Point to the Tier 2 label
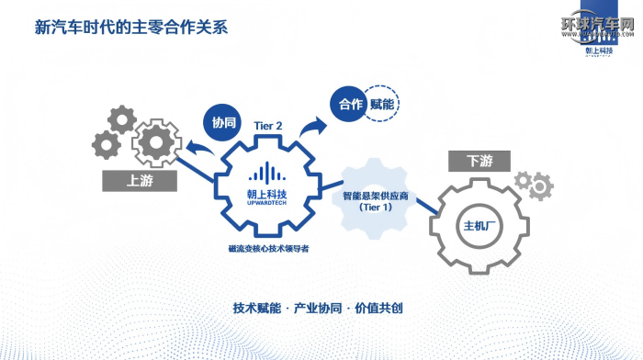(x=267, y=125)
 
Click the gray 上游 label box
(x=140, y=181)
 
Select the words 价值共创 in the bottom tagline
(x=379, y=308)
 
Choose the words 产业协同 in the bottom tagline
(x=318, y=308)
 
